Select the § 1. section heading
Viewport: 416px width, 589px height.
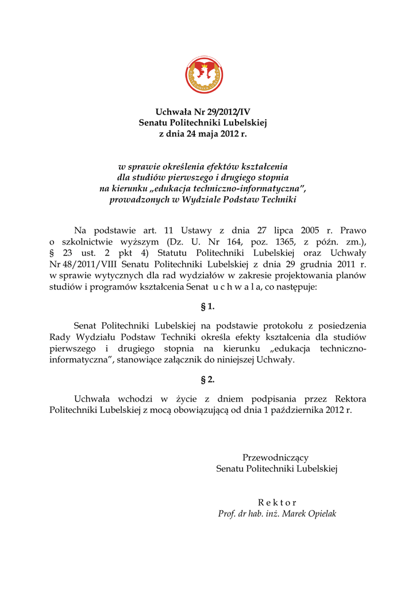tap(207, 307)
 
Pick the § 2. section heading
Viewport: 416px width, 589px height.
tap(207, 380)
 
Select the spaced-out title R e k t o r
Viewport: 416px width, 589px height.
tap(277, 502)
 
